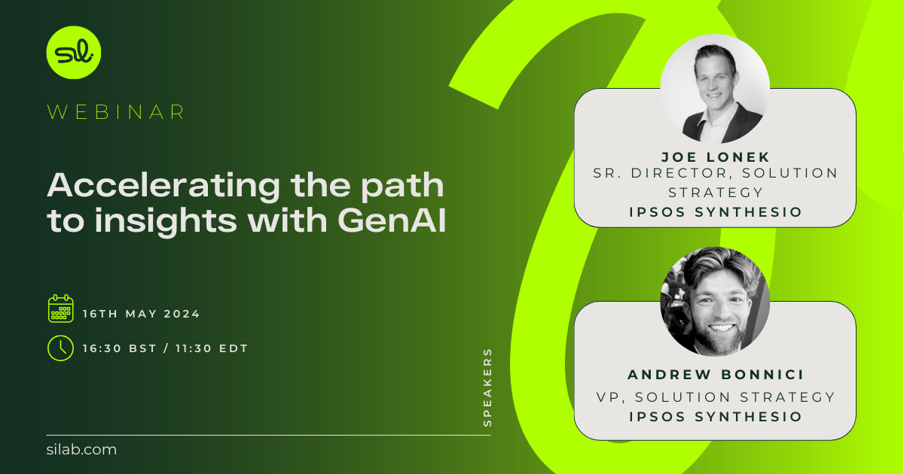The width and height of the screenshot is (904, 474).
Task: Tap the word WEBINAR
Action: (x=116, y=112)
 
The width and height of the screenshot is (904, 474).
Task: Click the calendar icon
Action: (x=60, y=308)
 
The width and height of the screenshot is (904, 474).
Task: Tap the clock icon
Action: (x=60, y=348)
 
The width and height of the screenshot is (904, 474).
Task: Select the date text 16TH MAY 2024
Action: (x=142, y=314)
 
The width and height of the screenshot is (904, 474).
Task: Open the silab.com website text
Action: (x=81, y=450)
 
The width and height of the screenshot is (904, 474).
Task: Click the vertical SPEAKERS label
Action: (x=487, y=387)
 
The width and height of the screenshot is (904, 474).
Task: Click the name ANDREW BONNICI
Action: (x=715, y=374)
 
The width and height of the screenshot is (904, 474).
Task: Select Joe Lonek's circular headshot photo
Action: (x=715, y=89)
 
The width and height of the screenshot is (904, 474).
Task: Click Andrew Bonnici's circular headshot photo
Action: (x=715, y=301)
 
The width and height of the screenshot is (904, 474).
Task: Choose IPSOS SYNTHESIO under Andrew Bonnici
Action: (x=715, y=416)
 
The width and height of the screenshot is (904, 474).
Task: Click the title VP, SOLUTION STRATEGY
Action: (x=715, y=396)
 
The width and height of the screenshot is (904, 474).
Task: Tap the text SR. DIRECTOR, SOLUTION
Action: (x=715, y=173)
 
